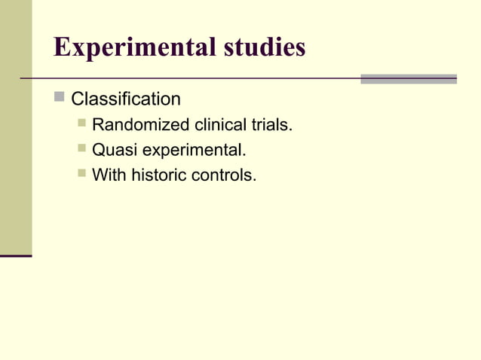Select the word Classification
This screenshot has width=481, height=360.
click(126, 99)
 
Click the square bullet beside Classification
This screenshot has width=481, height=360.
click(60, 98)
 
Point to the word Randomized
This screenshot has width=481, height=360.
click(141, 125)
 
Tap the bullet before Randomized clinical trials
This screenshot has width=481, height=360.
click(81, 124)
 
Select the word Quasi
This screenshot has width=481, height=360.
click(112, 151)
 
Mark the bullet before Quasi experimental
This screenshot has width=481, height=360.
click(81, 149)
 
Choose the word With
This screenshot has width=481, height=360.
click(109, 176)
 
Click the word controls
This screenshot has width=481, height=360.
click(223, 176)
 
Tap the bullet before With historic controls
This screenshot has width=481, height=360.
click(81, 175)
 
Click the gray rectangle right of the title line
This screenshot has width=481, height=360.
click(408, 78)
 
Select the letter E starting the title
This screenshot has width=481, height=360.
click(62, 48)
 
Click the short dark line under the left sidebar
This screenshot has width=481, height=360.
click(16, 256)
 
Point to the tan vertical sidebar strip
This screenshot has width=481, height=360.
click(16, 128)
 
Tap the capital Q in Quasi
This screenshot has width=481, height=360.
click(97, 151)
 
